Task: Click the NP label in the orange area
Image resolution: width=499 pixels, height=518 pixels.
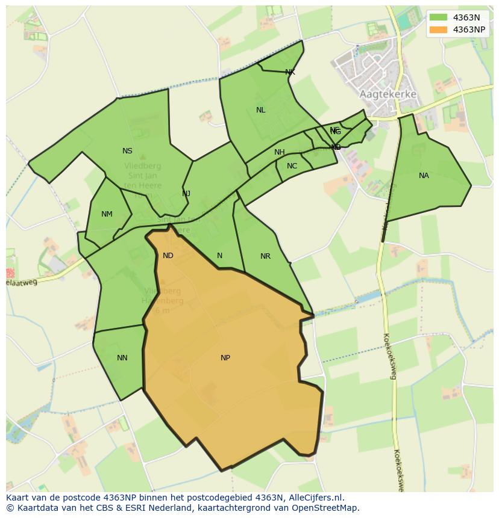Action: [x=225, y=358]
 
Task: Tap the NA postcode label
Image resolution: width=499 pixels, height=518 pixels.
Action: [x=424, y=176]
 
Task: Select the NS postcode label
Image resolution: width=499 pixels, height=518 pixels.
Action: [x=127, y=151]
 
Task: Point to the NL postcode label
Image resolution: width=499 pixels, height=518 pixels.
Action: [x=260, y=110]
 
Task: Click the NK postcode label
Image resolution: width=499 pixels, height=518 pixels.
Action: [x=290, y=72]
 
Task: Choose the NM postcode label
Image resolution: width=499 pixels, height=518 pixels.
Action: [x=107, y=214]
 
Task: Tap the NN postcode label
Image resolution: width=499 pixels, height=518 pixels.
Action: [x=122, y=358]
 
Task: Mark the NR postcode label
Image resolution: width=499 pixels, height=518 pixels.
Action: [x=265, y=256]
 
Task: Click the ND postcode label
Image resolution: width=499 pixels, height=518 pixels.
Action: [x=168, y=256]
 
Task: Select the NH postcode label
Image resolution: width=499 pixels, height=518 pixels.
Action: [x=280, y=152]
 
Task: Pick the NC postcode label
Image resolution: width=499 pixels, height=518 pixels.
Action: [x=292, y=166]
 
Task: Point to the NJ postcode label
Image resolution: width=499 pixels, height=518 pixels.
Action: [x=186, y=193]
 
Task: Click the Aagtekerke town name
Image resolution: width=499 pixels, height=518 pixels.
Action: [x=388, y=94]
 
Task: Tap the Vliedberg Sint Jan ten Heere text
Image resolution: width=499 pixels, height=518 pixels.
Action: [x=143, y=176]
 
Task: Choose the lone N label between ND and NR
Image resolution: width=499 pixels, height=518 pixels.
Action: [x=219, y=256]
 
